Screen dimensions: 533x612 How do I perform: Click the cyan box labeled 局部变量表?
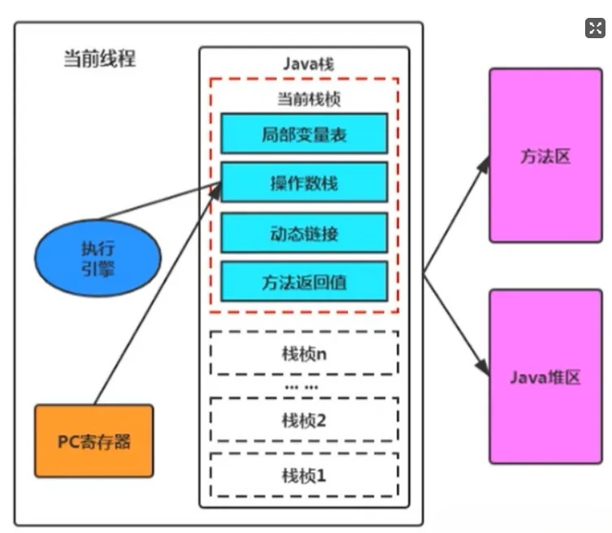point(304,134)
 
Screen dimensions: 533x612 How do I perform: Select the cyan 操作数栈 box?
point(304,183)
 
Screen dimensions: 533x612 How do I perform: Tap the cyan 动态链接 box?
point(304,234)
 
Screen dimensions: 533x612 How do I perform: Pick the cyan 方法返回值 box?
point(304,283)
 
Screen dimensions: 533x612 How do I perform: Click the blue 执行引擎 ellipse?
point(98,258)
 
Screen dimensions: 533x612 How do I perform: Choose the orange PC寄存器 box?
point(93,441)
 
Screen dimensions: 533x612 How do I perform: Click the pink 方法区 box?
point(545,156)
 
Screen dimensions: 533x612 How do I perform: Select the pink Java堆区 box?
point(545,377)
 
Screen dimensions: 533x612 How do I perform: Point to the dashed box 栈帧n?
point(304,354)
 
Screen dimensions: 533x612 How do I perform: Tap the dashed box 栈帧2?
point(304,419)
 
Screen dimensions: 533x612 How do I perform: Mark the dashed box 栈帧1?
point(304,474)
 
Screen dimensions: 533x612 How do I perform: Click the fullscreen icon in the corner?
point(595,28)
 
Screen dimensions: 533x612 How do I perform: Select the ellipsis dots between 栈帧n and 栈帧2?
point(303,387)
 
